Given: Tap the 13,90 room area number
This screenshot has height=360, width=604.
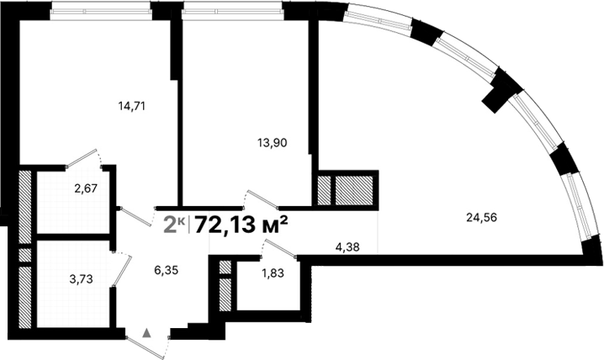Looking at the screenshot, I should point(272,143).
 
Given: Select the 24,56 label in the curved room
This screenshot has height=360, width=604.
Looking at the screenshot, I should point(482,217).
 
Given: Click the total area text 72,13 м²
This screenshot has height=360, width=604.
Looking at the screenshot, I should point(241,224).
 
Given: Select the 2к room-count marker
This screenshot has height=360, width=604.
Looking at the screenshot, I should point(174,224).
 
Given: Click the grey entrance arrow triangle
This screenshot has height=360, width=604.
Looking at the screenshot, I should point(147,332).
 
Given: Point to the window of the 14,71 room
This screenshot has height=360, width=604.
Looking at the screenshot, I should point(100,9).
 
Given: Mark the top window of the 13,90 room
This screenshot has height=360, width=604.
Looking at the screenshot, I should point(233,9).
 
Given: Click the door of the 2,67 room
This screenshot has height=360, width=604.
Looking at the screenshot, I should point(84,157).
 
